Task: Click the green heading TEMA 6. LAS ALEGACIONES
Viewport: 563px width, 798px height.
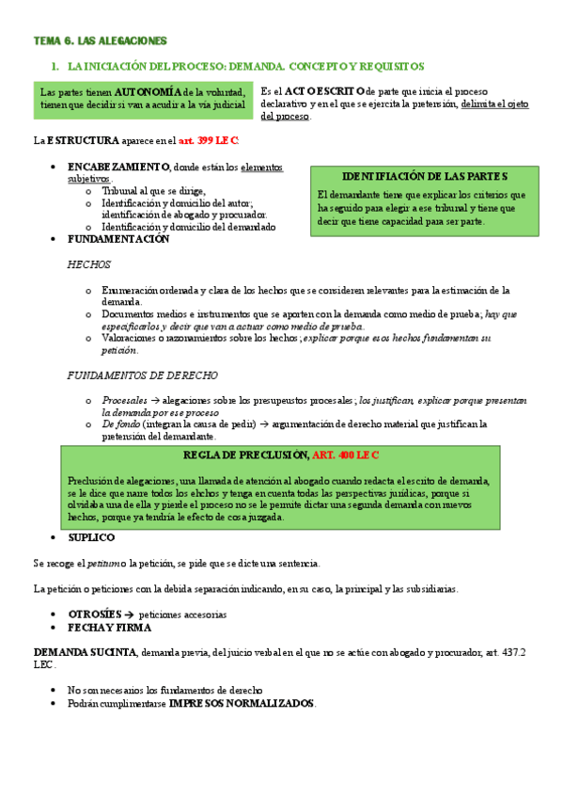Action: pos(101,41)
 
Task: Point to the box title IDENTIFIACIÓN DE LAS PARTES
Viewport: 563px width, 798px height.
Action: pos(425,176)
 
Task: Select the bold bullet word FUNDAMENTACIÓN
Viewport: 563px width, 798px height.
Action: pos(118,239)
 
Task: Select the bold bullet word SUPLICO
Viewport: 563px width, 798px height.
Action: pos(91,537)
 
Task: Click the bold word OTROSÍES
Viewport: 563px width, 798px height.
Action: pos(94,614)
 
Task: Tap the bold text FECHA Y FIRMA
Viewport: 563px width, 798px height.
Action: pos(110,627)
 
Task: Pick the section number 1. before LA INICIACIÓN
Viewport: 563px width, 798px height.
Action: pos(55,67)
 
